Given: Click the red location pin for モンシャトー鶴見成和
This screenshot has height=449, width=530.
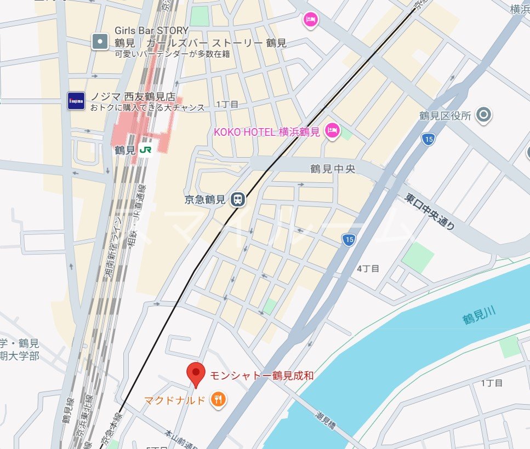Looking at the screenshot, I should tap(196, 373).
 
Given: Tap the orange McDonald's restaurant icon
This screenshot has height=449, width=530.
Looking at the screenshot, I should tap(219, 400).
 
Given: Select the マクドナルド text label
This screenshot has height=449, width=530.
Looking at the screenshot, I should tap(175, 400).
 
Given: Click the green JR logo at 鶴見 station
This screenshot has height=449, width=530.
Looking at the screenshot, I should tap(146, 149).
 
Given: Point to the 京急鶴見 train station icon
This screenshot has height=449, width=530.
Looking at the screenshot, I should tap(238, 200).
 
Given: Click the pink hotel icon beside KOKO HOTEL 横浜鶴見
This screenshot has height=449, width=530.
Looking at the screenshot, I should tap(332, 131).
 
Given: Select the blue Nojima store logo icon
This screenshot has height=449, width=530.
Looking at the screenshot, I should tap(76, 101).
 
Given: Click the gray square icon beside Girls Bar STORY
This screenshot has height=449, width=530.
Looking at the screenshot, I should tap(100, 42).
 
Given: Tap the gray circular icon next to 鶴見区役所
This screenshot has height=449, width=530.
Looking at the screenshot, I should tap(483, 115).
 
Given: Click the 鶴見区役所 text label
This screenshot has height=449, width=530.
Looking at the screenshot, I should tap(445, 116).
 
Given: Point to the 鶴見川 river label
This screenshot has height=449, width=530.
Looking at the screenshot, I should tap(479, 316).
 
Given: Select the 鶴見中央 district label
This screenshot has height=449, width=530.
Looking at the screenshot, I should tap(333, 169).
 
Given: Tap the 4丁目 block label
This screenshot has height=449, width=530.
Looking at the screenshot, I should tap(368, 268).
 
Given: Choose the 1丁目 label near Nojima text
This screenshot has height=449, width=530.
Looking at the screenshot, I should tap(227, 104).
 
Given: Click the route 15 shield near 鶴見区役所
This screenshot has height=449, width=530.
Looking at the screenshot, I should tap(429, 139).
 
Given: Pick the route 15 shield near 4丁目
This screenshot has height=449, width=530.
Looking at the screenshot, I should tap(348, 239).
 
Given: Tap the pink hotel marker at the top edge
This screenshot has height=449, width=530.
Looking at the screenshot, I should tap(311, 21).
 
